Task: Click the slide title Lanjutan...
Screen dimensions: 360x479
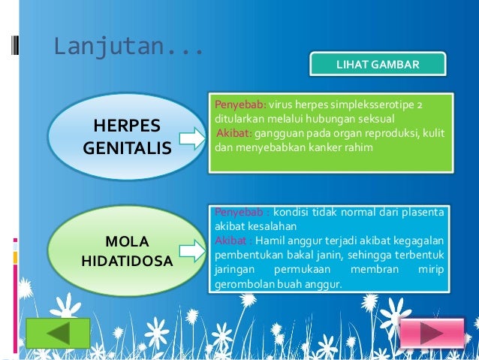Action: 128,47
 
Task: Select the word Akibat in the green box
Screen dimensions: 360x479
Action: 234,133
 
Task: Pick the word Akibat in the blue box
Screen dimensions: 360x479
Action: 231,241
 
